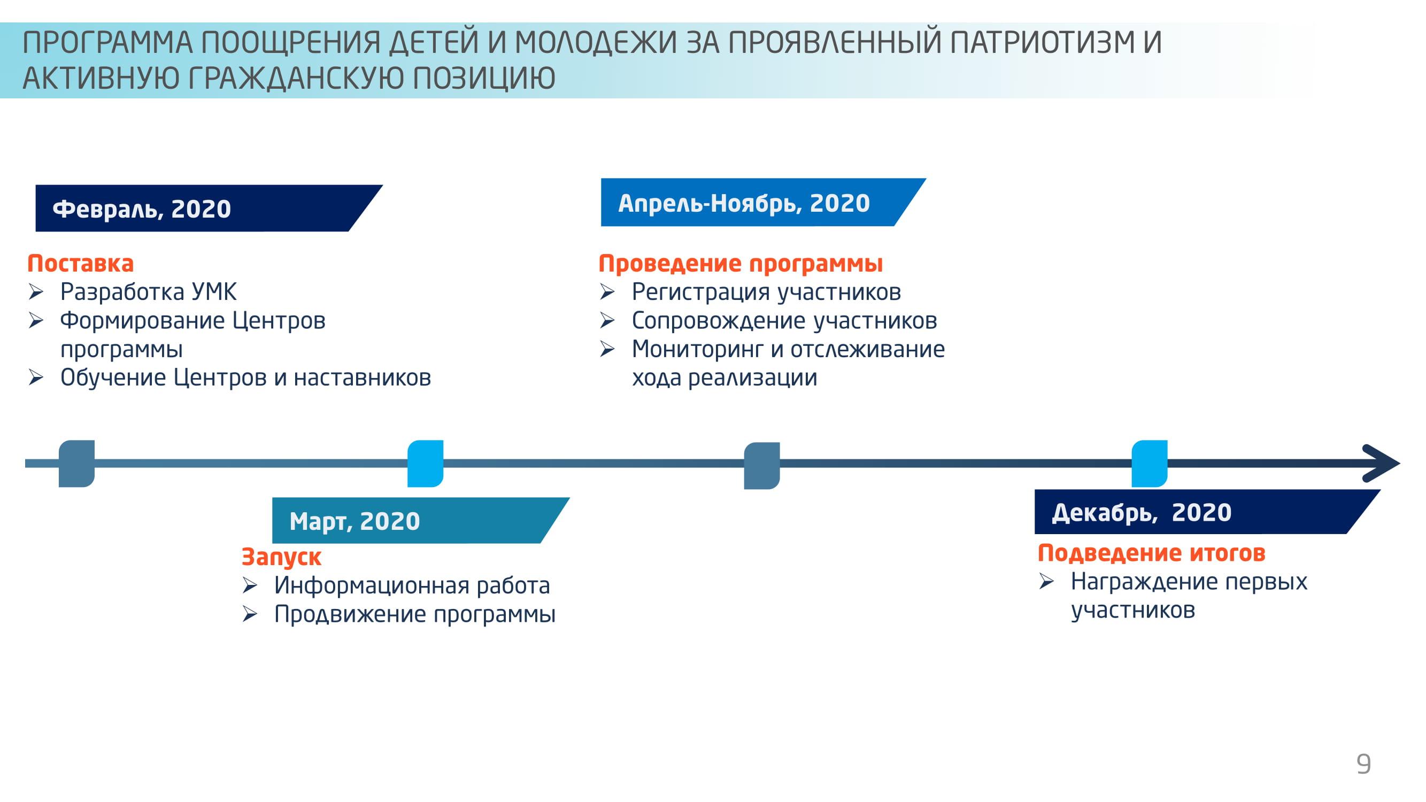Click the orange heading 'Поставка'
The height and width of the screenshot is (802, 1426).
[x=81, y=263]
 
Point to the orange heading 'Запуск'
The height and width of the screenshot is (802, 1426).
[x=281, y=557]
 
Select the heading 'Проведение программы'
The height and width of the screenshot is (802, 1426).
[x=741, y=264]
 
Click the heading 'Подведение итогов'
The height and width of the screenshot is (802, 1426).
[x=1151, y=553]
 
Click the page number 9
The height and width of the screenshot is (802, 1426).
[x=1363, y=764]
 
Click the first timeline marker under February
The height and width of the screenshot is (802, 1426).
[x=76, y=464]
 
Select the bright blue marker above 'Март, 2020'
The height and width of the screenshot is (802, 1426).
[x=425, y=464]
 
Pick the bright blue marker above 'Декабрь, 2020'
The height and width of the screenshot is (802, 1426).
[x=1149, y=464]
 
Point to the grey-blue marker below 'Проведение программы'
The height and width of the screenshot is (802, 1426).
[x=762, y=466]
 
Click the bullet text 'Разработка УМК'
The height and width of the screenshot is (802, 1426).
[x=148, y=292]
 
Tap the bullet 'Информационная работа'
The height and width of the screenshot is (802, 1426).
[x=412, y=585]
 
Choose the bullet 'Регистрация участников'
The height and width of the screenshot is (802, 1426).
[x=767, y=292]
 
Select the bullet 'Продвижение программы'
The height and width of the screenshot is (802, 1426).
[x=414, y=614]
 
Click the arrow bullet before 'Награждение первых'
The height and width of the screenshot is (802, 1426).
[x=1046, y=581]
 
